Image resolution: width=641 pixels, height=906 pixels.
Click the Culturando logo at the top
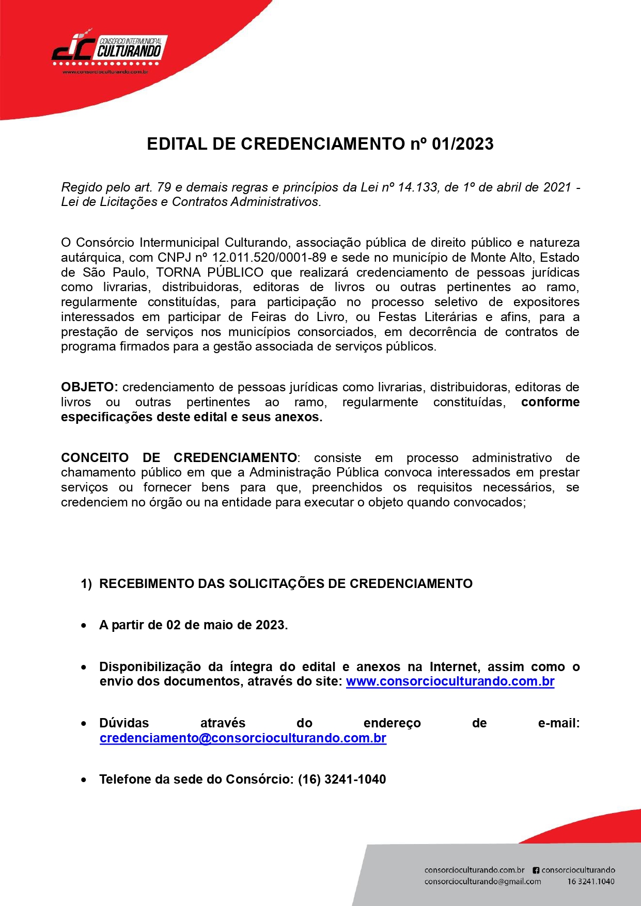tap(108, 50)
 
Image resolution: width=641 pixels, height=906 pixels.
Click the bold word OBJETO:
tap(89, 387)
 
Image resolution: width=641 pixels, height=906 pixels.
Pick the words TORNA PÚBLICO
tap(210, 273)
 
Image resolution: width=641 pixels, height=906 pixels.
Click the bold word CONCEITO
tap(95, 458)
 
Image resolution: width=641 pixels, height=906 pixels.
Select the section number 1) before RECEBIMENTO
tap(86, 584)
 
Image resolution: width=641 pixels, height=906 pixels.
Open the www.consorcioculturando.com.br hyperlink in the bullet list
tap(450, 681)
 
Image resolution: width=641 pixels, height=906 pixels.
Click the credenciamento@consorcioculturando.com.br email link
tap(243, 738)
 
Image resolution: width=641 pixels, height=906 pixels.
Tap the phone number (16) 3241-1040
tap(341, 780)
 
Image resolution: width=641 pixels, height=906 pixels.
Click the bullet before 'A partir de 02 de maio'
tap(84, 626)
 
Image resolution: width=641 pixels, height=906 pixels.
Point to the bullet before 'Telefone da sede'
tap(84, 780)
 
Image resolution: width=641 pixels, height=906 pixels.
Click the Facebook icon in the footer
tap(536, 870)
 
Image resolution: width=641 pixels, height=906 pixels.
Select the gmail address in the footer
tap(482, 882)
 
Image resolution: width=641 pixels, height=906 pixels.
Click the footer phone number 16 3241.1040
tap(590, 882)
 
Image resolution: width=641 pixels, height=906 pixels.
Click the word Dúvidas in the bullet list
tap(124, 723)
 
